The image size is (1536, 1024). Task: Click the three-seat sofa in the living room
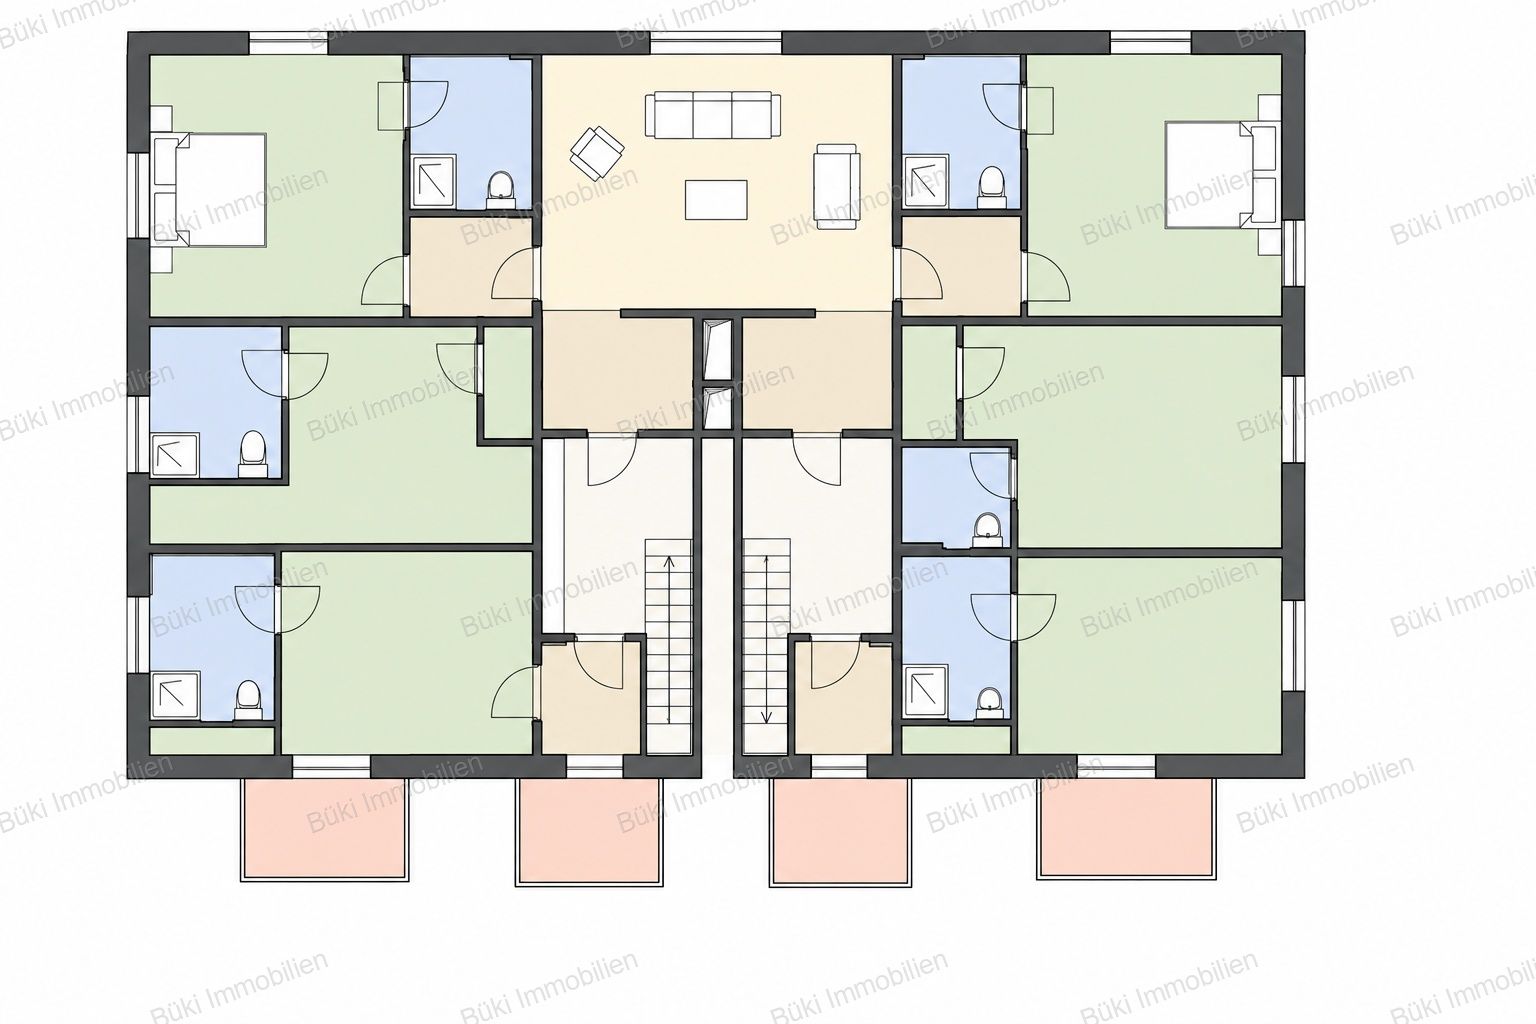pyautogui.click(x=712, y=115)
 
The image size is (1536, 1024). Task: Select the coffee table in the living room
pyautogui.click(x=716, y=200)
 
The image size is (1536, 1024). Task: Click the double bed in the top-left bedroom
pyautogui.click(x=208, y=190)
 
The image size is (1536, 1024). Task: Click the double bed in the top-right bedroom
pyautogui.click(x=1223, y=174)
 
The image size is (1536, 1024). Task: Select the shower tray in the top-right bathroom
pyautogui.click(x=926, y=181)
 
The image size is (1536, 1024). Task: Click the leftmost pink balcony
pyautogui.click(x=325, y=829)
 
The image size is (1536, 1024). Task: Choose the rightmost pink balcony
pyautogui.click(x=1127, y=827)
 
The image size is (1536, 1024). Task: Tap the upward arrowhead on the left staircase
pyautogui.click(x=669, y=562)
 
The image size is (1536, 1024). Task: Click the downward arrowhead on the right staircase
pyautogui.click(x=767, y=717)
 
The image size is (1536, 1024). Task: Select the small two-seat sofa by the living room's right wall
pyautogui.click(x=837, y=187)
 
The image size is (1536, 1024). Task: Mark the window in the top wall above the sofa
pyautogui.click(x=716, y=43)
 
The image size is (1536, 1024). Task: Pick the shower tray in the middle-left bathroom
pyautogui.click(x=175, y=454)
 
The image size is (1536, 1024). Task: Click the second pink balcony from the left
pyautogui.click(x=590, y=833)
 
